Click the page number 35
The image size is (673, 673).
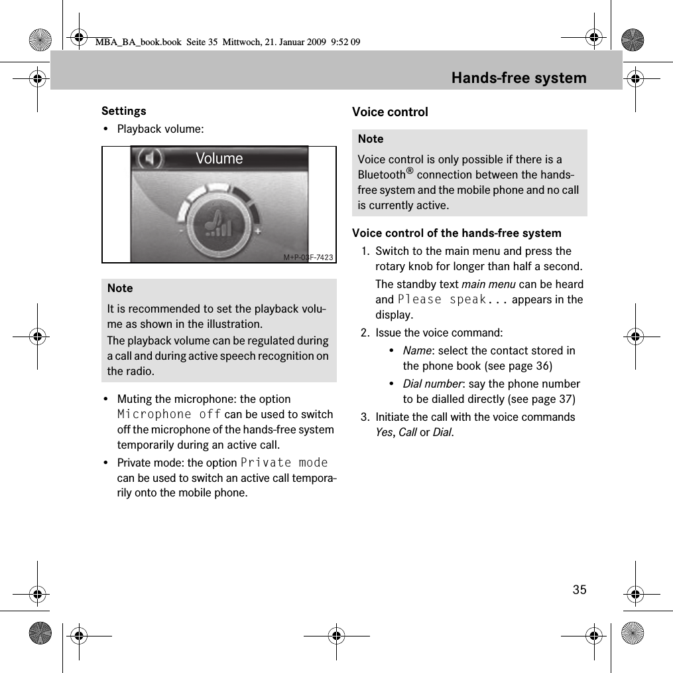coord(580,589)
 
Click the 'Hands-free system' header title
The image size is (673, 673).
coord(519,78)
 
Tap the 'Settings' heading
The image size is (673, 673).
coord(124,111)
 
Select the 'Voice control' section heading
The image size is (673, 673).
coord(390,112)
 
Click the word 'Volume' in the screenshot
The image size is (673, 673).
coord(219,159)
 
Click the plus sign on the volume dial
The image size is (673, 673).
coord(257,231)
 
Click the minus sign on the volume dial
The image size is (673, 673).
coord(180,231)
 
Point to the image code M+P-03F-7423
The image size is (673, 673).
coord(308,257)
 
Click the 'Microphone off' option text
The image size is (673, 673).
coord(169,414)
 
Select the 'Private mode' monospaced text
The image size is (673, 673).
coord(284,463)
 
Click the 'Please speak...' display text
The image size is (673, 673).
coord(453,299)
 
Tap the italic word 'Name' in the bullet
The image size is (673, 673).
coord(415,350)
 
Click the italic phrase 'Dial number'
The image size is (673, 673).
coord(432,384)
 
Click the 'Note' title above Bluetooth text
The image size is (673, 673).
coord(371,139)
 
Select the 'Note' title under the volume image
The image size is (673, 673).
coord(120,288)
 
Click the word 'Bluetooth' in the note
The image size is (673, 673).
coord(381,175)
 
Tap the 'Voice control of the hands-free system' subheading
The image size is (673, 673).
coord(457,233)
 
